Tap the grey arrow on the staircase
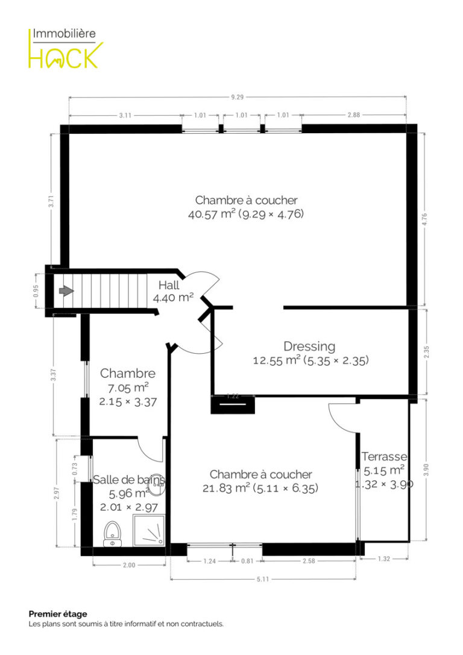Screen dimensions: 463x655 click(x=66, y=290)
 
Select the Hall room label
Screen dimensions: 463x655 click(x=169, y=285)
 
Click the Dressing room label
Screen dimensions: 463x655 click(x=309, y=346)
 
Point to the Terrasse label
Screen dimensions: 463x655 click(x=384, y=457)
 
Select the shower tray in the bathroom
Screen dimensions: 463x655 click(x=149, y=530)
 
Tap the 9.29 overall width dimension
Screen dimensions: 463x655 click(x=237, y=98)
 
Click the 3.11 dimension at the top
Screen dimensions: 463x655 click(x=125, y=115)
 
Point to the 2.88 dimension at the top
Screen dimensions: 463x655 click(x=353, y=115)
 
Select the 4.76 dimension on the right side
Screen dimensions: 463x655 click(x=425, y=220)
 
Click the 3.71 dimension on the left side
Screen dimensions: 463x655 click(x=51, y=201)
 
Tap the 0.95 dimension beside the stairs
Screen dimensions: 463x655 click(x=36, y=290)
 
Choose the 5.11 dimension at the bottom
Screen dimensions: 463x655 click(x=263, y=579)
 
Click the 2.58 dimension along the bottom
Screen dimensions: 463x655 click(x=309, y=561)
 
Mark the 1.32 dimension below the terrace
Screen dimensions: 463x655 click(x=383, y=559)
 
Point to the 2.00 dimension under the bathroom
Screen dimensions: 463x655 click(x=129, y=565)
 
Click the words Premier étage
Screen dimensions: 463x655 click(x=58, y=614)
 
